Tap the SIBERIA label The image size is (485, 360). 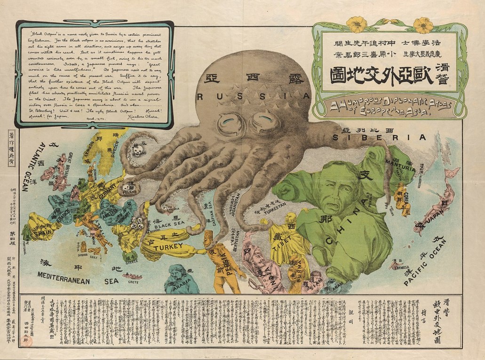[x=379, y=137]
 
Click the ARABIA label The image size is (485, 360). [x=175, y=287]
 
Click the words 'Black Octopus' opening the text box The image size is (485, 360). [x=45, y=34]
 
